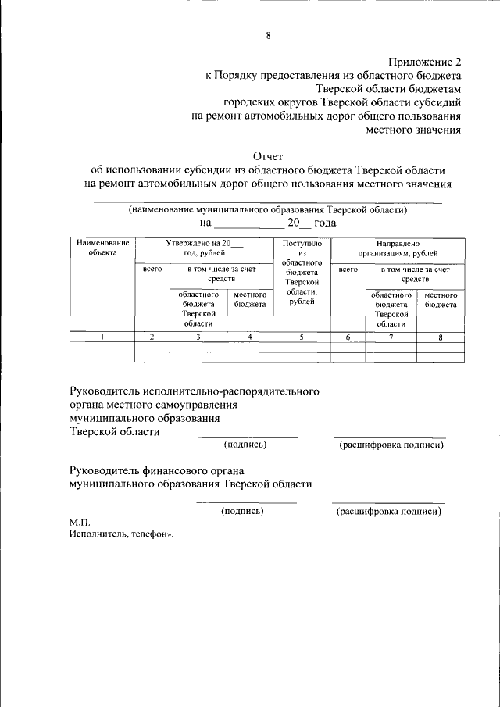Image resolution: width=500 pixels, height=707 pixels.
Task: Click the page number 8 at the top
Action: click(x=268, y=35)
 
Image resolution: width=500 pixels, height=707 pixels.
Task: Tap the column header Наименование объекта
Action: click(x=102, y=248)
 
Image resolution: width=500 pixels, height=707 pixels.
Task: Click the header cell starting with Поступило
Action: click(x=302, y=273)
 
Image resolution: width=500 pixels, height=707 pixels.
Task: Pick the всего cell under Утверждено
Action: click(x=152, y=269)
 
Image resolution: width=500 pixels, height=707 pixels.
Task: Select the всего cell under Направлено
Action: click(x=348, y=269)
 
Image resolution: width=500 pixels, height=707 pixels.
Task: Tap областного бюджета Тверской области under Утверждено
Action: click(x=198, y=309)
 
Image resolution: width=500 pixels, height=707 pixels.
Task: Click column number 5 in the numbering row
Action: click(x=302, y=337)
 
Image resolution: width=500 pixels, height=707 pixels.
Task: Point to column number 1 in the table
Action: click(x=102, y=337)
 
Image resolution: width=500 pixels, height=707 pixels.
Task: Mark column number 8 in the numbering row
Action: click(x=441, y=337)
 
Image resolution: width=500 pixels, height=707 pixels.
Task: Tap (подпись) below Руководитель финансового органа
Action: click(x=242, y=511)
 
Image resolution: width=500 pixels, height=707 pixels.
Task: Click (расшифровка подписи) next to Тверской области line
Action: click(x=391, y=445)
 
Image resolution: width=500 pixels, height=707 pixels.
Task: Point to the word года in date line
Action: click(x=325, y=223)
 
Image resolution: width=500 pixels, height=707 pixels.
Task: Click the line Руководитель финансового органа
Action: click(x=157, y=470)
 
